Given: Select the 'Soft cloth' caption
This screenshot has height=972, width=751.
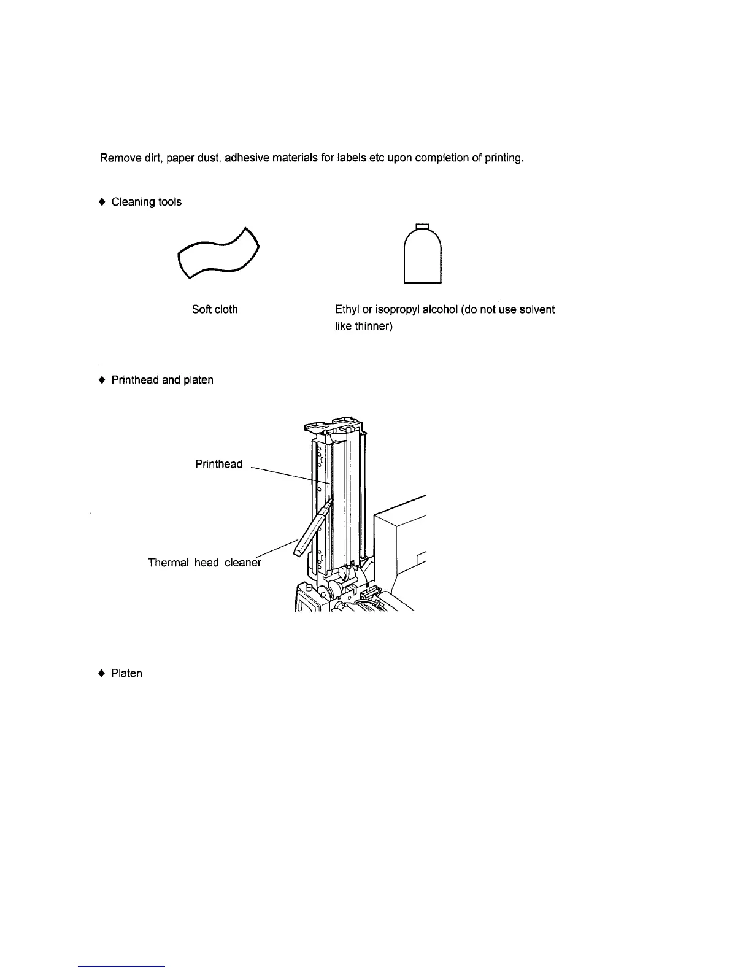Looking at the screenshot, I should coord(215,309).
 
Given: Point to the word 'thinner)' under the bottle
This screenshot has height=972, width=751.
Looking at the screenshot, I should coord(374,326).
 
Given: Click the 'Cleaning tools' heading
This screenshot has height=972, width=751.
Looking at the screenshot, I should coord(146,202).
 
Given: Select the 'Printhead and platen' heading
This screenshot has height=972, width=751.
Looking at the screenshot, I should coord(162,380).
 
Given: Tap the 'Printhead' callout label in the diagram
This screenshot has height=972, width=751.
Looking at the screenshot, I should coord(218,464).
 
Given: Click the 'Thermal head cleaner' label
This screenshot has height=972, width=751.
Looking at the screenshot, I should coord(204,562).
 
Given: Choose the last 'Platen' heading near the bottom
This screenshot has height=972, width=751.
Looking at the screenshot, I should coord(126,673).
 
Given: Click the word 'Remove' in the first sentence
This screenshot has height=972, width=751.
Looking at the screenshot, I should coord(117,158).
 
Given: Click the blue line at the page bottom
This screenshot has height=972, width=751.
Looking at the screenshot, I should coord(122,966).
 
